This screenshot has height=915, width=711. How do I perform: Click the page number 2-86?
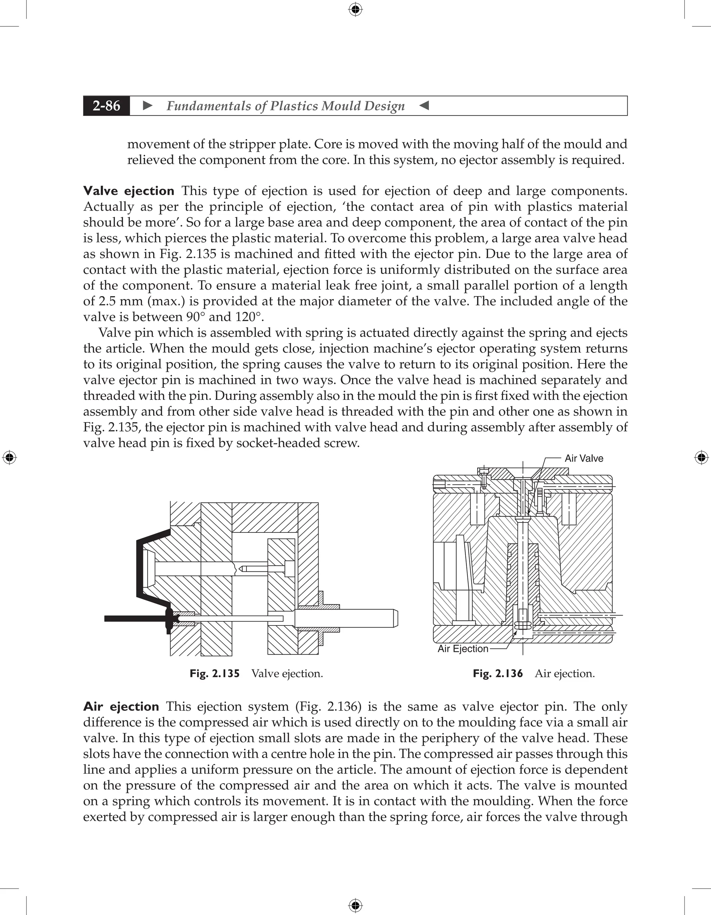tap(107, 106)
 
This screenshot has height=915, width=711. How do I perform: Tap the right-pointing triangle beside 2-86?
tap(148, 106)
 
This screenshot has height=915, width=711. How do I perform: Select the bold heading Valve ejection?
tap(128, 191)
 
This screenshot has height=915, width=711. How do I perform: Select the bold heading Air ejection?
tap(121, 707)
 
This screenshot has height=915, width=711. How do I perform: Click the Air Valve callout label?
tap(584, 458)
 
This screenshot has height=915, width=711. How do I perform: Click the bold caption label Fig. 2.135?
tap(215, 674)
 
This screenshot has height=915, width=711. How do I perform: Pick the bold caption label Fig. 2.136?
tap(498, 674)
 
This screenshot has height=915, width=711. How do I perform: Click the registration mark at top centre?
tap(355, 9)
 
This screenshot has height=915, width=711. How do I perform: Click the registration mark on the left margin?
tap(9, 457)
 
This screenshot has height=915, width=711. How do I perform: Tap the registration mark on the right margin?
tap(701, 457)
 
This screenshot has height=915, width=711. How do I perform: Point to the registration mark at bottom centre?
tap(355, 905)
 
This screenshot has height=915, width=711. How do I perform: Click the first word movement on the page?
tap(156, 144)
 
